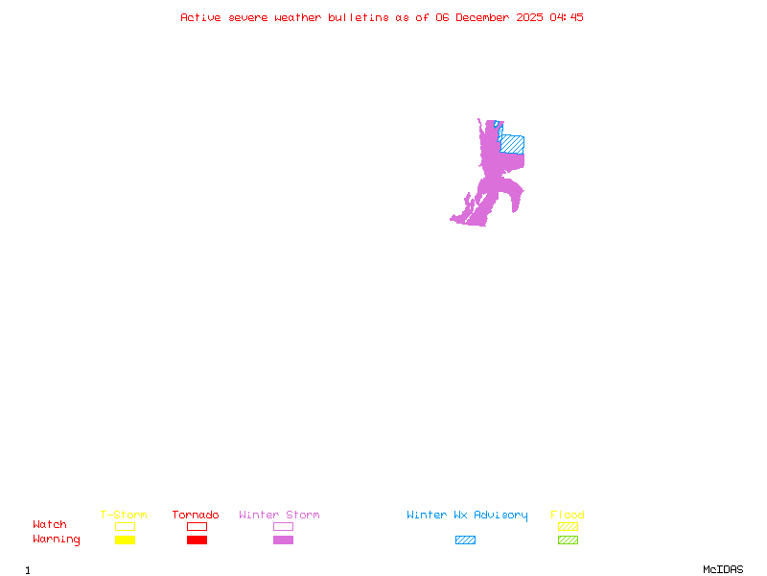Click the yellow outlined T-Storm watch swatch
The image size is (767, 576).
[125, 526]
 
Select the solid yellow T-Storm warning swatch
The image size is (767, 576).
[125, 540]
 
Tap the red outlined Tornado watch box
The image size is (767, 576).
[197, 526]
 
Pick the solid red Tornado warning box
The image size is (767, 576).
[197, 540]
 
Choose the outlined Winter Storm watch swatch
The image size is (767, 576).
[283, 526]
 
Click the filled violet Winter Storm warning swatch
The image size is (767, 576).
[283, 540]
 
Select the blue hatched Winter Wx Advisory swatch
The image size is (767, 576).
[465, 540]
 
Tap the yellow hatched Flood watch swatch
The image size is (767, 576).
[568, 526]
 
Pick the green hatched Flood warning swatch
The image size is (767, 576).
[568, 540]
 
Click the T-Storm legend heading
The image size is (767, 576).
[124, 515]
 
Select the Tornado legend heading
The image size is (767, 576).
[196, 515]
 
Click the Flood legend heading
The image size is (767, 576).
[568, 515]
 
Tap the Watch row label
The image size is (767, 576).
[50, 525]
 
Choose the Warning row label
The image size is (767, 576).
[57, 540]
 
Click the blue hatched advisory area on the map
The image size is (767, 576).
[513, 143]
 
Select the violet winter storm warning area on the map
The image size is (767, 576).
[492, 182]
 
